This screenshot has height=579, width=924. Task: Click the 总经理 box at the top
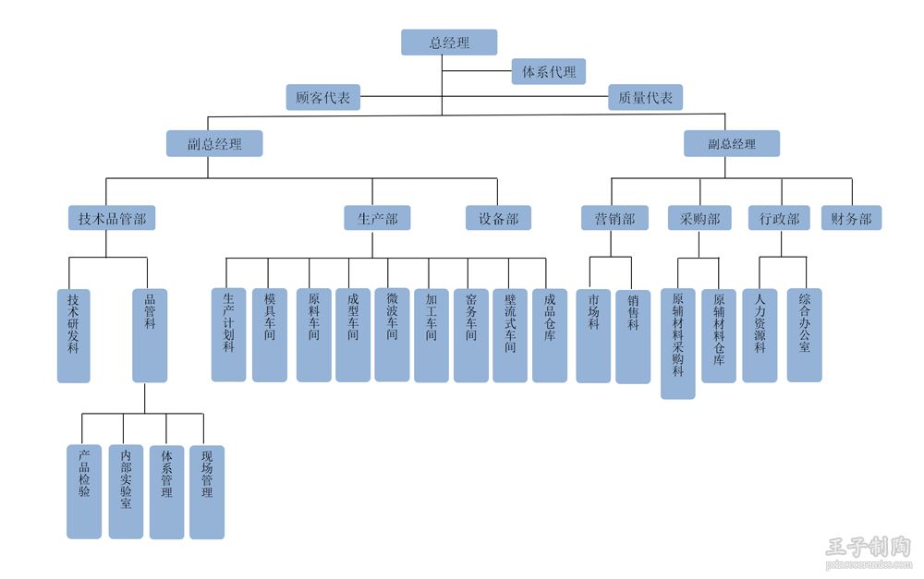(449, 42)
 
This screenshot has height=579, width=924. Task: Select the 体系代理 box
(549, 71)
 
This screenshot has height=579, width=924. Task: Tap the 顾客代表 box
(322, 97)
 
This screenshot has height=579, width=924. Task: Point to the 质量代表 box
(645, 97)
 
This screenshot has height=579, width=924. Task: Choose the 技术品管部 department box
(112, 218)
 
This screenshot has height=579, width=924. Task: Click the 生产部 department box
(377, 218)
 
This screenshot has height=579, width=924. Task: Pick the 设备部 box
(498, 218)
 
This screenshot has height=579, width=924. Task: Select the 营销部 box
(608, 218)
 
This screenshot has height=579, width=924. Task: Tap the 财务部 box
(851, 218)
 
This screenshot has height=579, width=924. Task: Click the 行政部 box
(779, 218)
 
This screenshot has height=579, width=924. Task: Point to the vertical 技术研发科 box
(74, 335)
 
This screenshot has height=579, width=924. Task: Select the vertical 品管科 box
(150, 335)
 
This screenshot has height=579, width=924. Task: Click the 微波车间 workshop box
(392, 334)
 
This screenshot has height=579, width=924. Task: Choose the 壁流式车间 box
(510, 334)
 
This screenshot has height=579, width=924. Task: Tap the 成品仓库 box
(550, 334)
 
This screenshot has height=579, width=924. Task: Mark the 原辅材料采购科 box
(678, 344)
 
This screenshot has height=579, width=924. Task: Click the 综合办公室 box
(804, 334)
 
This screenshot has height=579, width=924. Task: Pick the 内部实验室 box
(126, 491)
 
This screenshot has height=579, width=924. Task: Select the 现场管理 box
(207, 491)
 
